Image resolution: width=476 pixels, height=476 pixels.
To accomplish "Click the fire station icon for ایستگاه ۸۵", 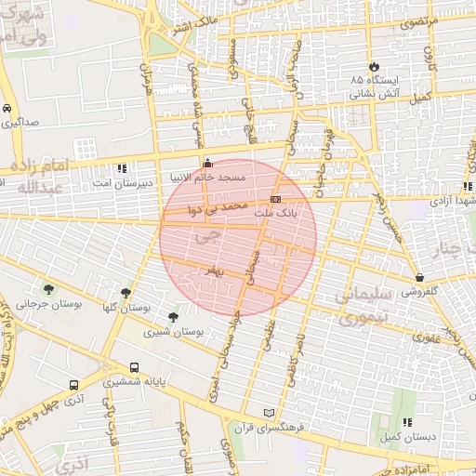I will [x=374, y=67].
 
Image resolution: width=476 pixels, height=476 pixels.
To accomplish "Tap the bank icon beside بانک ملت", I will [x=276, y=199].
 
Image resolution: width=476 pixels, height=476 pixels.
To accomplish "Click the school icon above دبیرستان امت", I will [x=122, y=168].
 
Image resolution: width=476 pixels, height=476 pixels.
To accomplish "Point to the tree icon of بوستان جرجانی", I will [x=48, y=289].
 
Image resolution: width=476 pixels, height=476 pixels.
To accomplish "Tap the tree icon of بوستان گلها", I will [x=126, y=292].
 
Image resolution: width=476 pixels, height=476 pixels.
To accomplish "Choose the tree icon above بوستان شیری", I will [x=173, y=317].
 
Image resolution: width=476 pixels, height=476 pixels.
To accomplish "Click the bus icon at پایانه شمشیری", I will [x=135, y=367].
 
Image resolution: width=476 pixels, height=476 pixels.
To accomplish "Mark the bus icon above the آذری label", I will [x=73, y=385].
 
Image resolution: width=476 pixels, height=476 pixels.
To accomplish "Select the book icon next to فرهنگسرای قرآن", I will [x=270, y=412].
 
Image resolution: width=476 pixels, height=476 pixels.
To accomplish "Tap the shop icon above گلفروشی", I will [x=420, y=276].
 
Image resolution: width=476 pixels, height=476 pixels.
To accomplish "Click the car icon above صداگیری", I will [x=7, y=108].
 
